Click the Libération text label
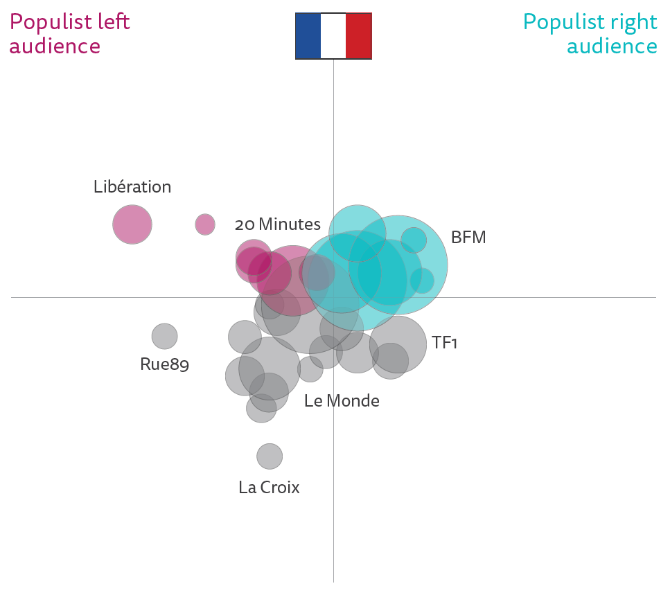(x=132, y=187)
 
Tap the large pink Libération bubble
(x=132, y=224)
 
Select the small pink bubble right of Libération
(x=205, y=224)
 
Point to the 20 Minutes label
(x=277, y=224)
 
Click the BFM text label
(x=468, y=238)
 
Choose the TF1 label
(x=444, y=342)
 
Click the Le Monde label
(x=342, y=400)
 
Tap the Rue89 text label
(x=164, y=364)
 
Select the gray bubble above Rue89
(x=165, y=336)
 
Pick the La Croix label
(x=269, y=488)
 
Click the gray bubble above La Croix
(x=270, y=456)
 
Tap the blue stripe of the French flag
(x=308, y=35)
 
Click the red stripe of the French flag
(x=359, y=35)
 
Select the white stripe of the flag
(x=333, y=35)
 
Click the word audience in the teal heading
(x=612, y=46)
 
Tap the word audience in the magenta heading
(x=55, y=46)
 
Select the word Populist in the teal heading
(x=563, y=22)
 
